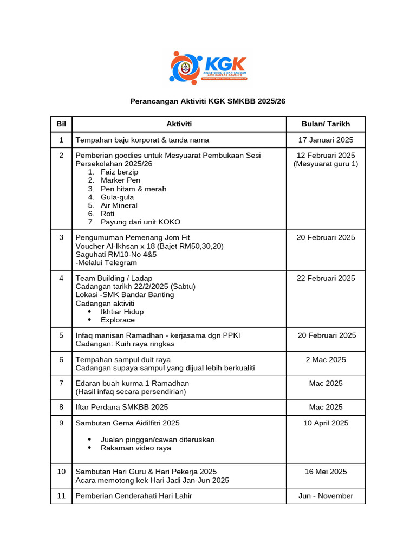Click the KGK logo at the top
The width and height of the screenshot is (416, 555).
(x=208, y=67)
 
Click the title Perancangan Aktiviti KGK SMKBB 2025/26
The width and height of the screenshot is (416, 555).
(x=208, y=101)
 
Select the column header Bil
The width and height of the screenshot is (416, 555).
(x=61, y=124)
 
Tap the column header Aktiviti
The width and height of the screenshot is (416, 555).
(x=179, y=124)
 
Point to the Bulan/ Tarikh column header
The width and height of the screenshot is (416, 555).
(x=326, y=124)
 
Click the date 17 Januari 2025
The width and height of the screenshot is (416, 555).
(x=326, y=140)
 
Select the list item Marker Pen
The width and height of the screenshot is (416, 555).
(x=120, y=180)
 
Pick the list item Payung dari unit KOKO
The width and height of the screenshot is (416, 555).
(x=140, y=222)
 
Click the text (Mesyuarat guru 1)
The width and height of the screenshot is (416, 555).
(x=326, y=164)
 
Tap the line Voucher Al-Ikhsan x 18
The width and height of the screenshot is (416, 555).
(x=149, y=246)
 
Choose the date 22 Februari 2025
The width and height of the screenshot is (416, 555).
(x=326, y=278)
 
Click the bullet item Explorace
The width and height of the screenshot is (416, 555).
(x=118, y=320)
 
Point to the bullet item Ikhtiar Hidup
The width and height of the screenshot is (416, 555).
(x=122, y=312)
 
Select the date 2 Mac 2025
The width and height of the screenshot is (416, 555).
(x=326, y=359)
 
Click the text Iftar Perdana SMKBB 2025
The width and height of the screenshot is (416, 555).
(x=122, y=407)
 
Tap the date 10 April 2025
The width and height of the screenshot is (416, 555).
(x=326, y=423)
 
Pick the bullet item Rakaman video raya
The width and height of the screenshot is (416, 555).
(x=135, y=448)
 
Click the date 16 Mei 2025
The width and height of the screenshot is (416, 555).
(x=326, y=472)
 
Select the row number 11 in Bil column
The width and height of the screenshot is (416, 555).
(x=61, y=495)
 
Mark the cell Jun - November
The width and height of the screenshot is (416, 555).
(x=326, y=495)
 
